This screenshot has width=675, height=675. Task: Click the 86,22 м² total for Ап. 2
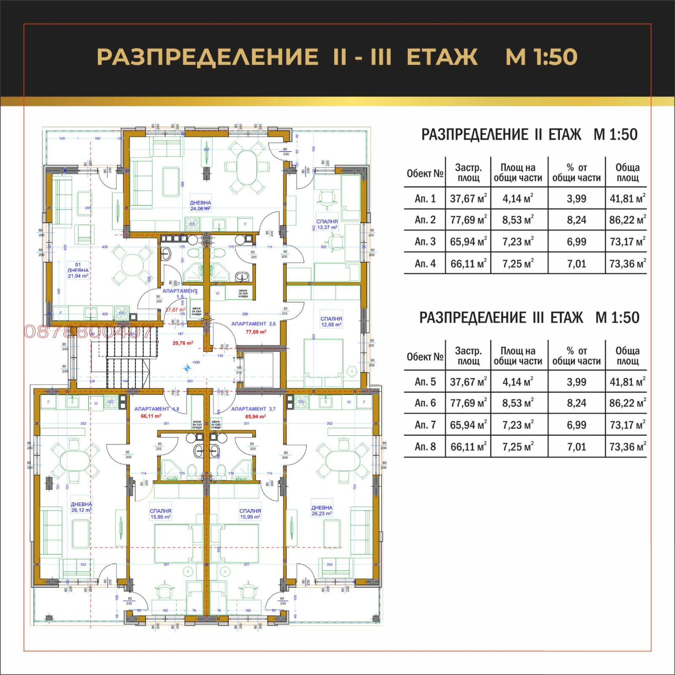pos(627,220)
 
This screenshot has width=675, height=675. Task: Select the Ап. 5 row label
pos(425,382)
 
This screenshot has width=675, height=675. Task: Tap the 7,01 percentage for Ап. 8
pos(576,447)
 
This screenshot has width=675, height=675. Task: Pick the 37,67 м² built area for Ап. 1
pos(468,198)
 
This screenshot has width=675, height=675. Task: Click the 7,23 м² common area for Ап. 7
pos(518,425)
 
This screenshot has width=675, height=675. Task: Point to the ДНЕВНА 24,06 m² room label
pos(200,206)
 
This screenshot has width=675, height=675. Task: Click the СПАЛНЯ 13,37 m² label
pos(327,224)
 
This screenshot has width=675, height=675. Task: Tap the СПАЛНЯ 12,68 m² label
pos(331,322)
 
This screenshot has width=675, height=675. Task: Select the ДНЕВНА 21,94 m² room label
pos(78,270)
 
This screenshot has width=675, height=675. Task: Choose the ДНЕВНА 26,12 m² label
pos(81,507)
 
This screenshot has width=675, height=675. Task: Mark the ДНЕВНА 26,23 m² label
pos(322,510)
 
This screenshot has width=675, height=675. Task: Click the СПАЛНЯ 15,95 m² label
pos(160,514)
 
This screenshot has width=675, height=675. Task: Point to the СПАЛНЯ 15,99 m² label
pos(250,514)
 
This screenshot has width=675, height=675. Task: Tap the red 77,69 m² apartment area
pos(256,332)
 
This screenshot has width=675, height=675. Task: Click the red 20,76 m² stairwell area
pos(183,343)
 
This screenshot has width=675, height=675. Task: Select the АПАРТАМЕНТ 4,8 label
pos(157,409)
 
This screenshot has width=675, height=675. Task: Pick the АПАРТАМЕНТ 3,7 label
pos(253,409)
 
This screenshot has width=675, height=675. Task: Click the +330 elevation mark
pos(196,362)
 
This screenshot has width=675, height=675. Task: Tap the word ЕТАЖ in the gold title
pos(442,57)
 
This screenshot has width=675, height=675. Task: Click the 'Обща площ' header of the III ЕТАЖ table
pos(627,356)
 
